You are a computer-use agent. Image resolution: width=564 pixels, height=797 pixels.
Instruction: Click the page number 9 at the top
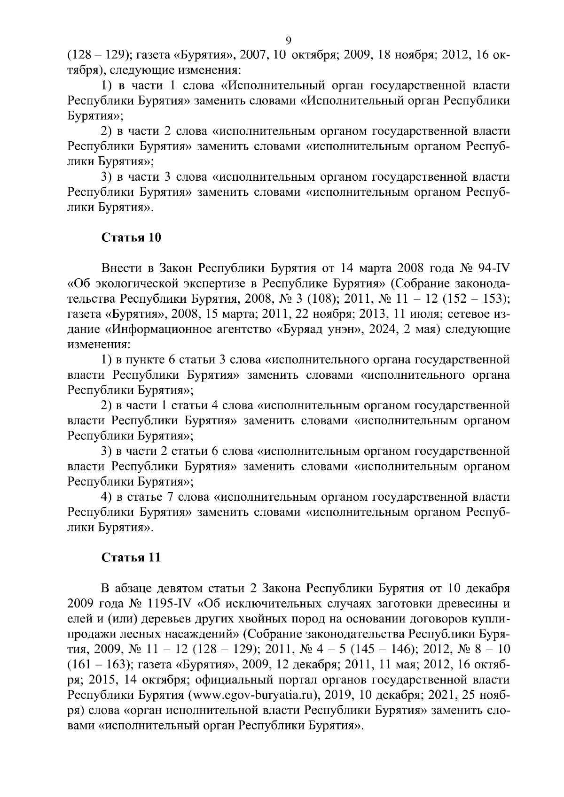click(289, 40)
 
